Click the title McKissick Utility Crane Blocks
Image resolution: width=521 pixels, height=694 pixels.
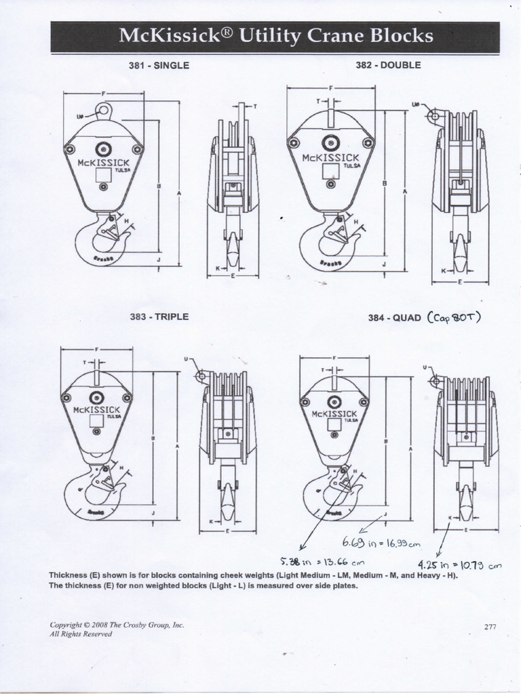(x=275, y=36)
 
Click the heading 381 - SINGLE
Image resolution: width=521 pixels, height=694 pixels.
(x=159, y=66)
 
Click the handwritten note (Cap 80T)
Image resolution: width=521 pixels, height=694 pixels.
(x=454, y=317)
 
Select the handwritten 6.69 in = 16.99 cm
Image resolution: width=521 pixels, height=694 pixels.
(x=381, y=543)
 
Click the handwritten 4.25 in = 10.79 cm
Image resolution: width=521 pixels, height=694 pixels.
(x=459, y=563)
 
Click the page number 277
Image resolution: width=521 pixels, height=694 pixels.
(x=490, y=627)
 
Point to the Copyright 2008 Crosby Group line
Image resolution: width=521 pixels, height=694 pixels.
(x=117, y=625)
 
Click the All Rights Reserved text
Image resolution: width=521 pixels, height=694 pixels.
(x=81, y=634)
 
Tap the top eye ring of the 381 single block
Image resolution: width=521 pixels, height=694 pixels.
(x=103, y=110)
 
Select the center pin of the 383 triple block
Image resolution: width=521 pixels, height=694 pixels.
(x=97, y=398)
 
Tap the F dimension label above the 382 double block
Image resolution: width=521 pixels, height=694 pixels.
(x=330, y=88)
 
